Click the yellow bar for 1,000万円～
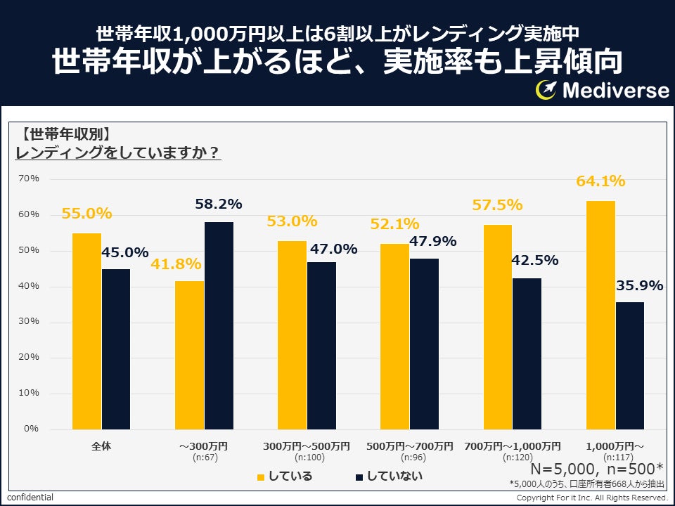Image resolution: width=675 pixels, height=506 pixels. coord(600,315)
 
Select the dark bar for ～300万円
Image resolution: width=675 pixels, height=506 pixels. coord(219,325)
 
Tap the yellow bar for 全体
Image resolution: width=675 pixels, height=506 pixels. coord(86,331)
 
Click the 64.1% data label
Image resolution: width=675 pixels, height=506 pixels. coord(600,181)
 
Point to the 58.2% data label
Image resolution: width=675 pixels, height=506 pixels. coord(218,204)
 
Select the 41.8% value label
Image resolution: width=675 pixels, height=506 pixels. coord(176,264)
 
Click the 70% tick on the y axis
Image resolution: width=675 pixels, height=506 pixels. coord(29,179)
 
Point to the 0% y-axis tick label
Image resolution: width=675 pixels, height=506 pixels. coord(32,429)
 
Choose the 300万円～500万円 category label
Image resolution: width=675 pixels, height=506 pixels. coord(307,446)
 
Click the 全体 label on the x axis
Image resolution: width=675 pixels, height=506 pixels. coord(101,446)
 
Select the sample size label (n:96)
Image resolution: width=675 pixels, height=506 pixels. coord(409,457)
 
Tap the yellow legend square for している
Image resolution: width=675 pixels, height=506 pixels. coord(261,477)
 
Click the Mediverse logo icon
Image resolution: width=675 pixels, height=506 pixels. coord(546,90)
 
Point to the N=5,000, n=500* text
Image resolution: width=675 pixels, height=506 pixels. coord(596,469)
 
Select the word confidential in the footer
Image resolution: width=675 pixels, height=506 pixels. coord(30,498)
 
